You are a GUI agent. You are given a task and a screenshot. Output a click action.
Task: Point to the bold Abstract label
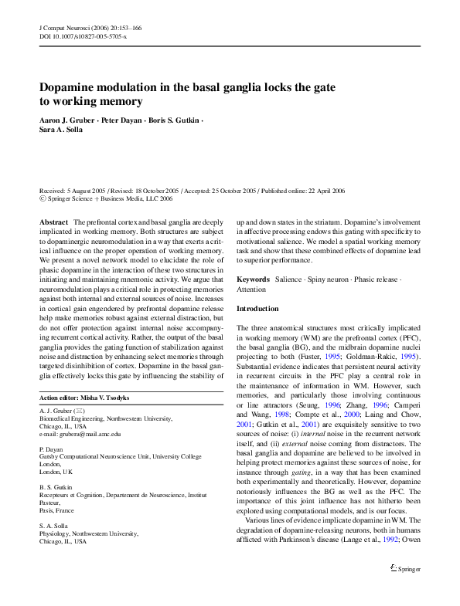point(54,222)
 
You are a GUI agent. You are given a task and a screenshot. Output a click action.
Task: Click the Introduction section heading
point(257,309)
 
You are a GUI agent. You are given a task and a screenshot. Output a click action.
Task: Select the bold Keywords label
point(254,279)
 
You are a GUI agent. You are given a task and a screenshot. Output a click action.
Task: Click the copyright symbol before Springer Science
point(43,198)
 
